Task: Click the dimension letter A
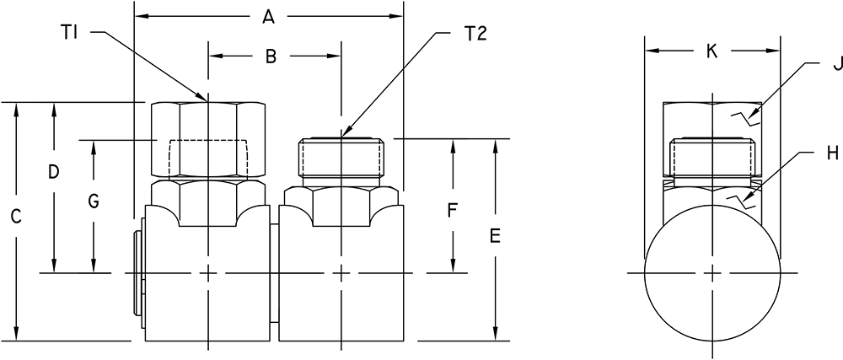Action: (x=268, y=18)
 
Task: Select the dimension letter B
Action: (x=271, y=57)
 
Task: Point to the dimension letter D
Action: (x=53, y=172)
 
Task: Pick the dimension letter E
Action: (x=495, y=235)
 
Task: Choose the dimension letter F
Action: (x=452, y=211)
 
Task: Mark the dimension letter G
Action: (x=94, y=201)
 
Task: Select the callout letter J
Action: (x=836, y=64)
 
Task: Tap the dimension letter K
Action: (x=711, y=51)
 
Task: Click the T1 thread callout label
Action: (x=69, y=34)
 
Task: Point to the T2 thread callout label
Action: (x=475, y=34)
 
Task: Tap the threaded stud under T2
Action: (x=342, y=158)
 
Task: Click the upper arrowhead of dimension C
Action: (x=17, y=107)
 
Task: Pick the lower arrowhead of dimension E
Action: (x=495, y=334)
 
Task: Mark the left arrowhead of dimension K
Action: (x=652, y=51)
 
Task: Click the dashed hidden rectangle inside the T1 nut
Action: (x=208, y=140)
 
